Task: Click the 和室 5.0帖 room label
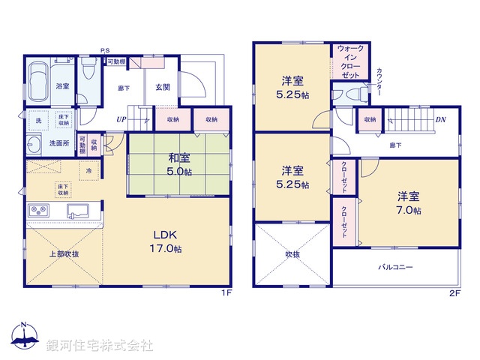177,164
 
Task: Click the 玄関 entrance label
163,87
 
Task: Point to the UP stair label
121,118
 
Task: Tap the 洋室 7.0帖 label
409,204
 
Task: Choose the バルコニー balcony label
395,268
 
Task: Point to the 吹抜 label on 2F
292,254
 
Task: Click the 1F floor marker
226,293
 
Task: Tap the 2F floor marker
454,293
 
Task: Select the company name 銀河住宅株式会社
100,345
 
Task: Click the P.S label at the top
105,51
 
